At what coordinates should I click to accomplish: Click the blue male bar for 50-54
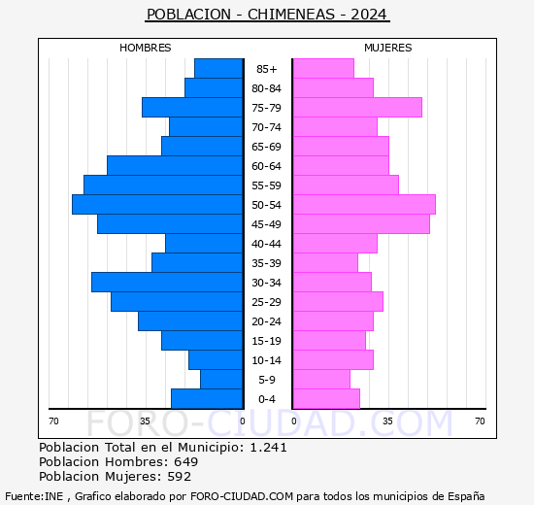point(157,205)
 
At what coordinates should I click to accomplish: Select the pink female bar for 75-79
point(357,108)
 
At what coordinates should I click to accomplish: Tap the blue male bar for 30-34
point(167,283)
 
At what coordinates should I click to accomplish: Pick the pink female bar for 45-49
point(361,224)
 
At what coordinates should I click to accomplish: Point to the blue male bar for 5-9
point(221,380)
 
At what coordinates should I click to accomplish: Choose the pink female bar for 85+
point(323,69)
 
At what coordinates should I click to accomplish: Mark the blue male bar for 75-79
point(192,108)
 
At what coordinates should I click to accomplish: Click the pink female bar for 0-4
point(326,399)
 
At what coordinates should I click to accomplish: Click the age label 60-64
point(266,166)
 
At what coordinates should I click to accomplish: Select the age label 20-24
point(266,321)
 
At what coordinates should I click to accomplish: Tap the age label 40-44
point(266,244)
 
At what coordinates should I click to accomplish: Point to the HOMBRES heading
point(146,48)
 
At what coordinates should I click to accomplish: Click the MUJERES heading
point(387,48)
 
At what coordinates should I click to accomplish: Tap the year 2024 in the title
point(370,15)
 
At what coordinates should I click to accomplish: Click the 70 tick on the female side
point(480,421)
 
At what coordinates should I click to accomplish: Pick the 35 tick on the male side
point(145,421)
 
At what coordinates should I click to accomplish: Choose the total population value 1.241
point(268,448)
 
